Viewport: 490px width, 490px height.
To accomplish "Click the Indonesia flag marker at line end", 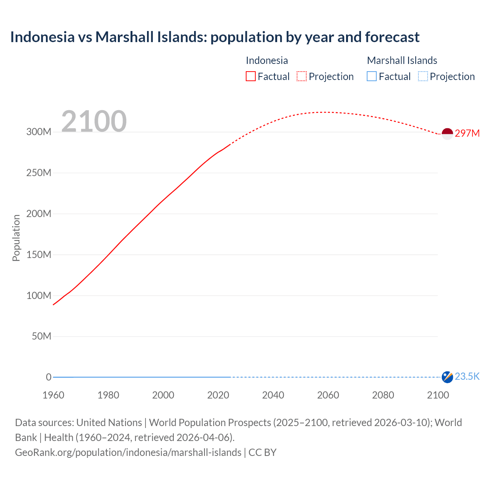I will click(447, 134).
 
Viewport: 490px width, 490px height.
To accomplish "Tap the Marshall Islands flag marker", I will click(447, 377).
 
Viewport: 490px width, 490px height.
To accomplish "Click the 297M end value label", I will click(467, 133).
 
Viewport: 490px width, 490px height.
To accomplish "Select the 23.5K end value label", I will click(467, 377).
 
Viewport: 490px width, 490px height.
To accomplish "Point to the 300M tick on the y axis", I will click(39, 132).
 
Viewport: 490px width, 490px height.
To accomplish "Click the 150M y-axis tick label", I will click(39, 255).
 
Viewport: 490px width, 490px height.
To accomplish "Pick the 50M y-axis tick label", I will click(41, 336).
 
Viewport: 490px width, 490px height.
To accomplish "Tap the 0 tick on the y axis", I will click(49, 377).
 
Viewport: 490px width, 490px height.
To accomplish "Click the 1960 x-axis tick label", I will click(53, 395).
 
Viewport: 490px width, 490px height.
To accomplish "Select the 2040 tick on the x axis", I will click(273, 395).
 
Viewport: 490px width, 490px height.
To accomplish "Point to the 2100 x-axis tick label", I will click(438, 395).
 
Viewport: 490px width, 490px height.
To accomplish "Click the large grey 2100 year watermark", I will click(94, 121).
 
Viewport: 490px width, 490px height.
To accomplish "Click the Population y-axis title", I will click(16, 238).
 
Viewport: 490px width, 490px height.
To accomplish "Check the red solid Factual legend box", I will click(251, 77).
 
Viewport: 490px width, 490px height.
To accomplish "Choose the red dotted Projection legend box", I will click(302, 77).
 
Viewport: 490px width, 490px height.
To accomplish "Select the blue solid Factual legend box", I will click(372, 77).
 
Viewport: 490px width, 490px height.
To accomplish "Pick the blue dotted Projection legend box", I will click(423, 77).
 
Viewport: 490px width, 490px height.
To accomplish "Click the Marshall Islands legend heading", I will click(402, 60).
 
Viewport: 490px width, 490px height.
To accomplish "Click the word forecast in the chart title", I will click(392, 37).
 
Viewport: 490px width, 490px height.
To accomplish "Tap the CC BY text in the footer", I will click(262, 452).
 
